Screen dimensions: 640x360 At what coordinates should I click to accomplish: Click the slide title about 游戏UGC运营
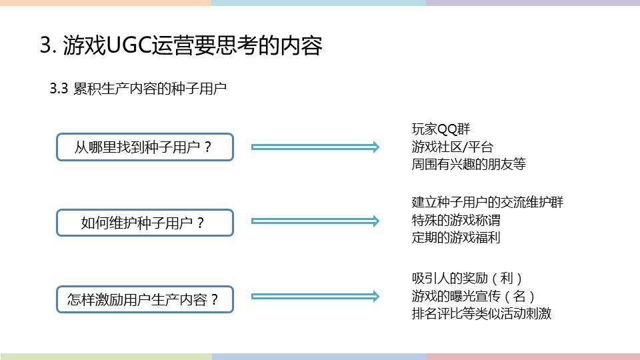(x=181, y=45)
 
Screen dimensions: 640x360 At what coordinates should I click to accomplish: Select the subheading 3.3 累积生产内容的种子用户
(x=138, y=89)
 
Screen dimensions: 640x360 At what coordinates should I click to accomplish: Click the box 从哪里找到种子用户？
(x=145, y=147)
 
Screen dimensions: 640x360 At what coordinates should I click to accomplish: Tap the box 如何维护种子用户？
(x=145, y=223)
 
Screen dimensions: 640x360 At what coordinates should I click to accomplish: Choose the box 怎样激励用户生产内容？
(x=145, y=299)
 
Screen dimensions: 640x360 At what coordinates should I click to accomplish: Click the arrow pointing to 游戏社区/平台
(x=315, y=147)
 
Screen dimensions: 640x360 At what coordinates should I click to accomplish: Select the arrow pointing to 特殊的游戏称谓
(x=315, y=221)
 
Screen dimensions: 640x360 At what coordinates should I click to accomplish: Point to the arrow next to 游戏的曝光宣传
(x=315, y=296)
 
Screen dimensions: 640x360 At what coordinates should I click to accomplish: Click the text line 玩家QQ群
(x=441, y=129)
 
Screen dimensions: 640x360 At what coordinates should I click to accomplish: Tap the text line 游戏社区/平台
(x=452, y=147)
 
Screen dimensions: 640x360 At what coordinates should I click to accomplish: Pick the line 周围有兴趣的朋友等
(x=469, y=164)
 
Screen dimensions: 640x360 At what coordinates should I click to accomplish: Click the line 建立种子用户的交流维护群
(x=487, y=202)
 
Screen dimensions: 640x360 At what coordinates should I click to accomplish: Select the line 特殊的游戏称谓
(x=456, y=220)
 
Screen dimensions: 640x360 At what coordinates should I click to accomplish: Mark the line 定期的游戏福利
(x=456, y=237)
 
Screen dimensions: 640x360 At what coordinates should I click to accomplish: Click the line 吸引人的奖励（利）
(x=467, y=279)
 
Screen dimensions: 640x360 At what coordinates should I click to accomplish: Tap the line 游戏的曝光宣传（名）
(x=473, y=296)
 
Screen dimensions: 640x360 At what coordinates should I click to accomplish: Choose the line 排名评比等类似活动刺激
(x=481, y=313)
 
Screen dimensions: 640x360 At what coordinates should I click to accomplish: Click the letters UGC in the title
(x=129, y=45)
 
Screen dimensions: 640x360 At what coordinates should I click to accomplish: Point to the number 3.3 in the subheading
(x=59, y=89)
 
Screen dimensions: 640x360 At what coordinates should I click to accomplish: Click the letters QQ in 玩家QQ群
(x=447, y=129)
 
